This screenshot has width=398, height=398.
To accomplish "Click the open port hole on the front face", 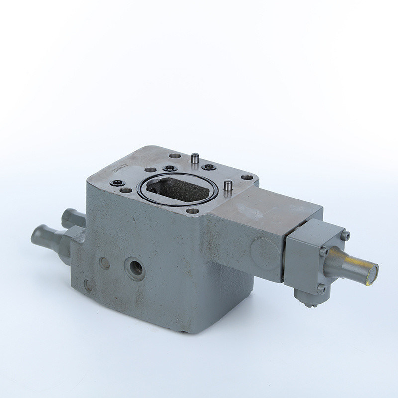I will coord(135,266).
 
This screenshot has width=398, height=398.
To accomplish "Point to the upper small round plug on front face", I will coord(104,263).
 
